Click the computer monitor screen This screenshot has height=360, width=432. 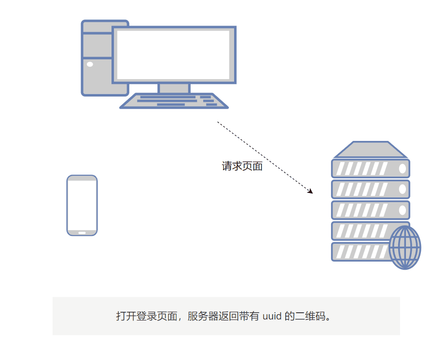coord(174,55)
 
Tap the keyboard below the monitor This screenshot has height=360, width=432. coord(174,101)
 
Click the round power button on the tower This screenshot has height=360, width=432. coord(90,64)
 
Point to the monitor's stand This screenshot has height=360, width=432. coord(174,88)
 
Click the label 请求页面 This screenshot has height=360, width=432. coord(242,166)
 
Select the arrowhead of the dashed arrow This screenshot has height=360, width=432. coord(310,192)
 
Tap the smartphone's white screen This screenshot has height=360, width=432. coord(82,205)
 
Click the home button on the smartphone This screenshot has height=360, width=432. coord(82,233)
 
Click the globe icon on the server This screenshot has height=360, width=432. coord(404,247)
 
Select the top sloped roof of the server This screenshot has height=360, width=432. coord(370,150)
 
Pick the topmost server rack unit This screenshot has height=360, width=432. coord(370,168)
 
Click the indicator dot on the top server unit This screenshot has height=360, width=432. coord(402,169)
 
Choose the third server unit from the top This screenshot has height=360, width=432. coord(370,210)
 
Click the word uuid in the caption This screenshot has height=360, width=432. coord(272,317)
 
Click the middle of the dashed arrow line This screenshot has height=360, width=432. coord(265,157)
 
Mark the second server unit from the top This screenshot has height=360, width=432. coord(370,189)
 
